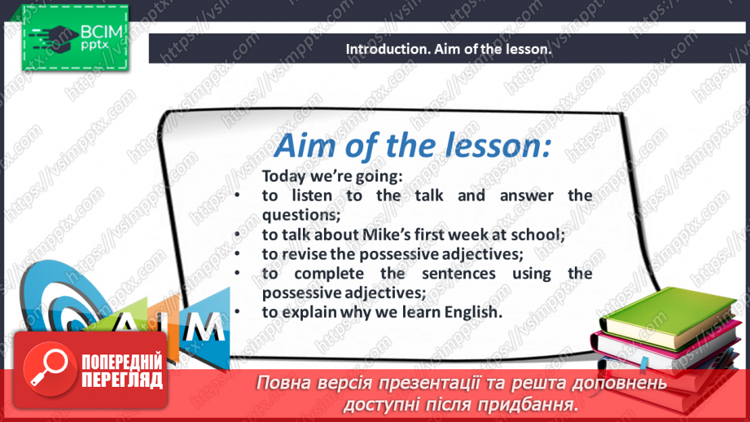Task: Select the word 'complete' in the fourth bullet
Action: point(326,273)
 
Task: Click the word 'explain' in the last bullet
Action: point(313,312)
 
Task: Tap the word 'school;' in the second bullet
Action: point(541,235)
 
